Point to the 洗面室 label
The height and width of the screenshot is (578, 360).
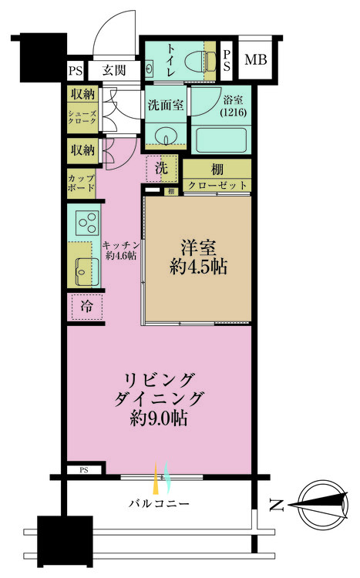(x=165, y=106)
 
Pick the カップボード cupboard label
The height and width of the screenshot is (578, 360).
(x=81, y=183)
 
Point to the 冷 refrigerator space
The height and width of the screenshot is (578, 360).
(x=86, y=306)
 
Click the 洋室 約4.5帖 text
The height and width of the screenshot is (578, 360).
(x=198, y=258)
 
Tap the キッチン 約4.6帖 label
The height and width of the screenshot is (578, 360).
(x=120, y=250)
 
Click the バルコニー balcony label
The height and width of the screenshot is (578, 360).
(x=159, y=504)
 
